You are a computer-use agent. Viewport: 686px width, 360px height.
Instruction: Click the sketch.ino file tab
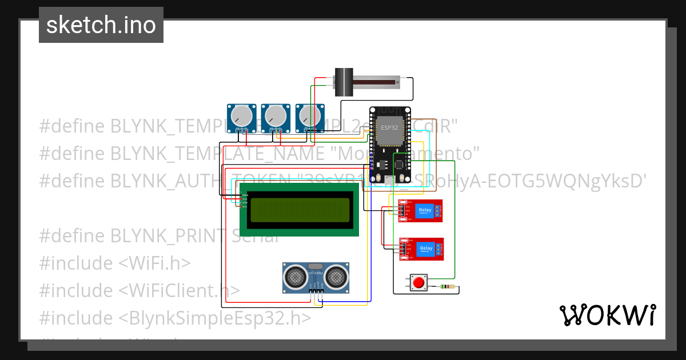click(101, 25)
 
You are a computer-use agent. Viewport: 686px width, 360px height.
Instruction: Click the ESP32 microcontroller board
click(390, 145)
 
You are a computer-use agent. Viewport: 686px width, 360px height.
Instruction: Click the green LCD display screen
click(300, 210)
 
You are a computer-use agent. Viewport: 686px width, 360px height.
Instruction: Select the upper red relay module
click(420, 210)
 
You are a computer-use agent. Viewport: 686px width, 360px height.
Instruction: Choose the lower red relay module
click(420, 249)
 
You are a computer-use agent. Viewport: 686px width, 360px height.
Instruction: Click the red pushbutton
click(418, 282)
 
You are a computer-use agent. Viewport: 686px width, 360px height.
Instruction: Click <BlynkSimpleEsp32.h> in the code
click(215, 318)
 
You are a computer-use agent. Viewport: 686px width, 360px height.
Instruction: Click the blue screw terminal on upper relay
click(438, 211)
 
